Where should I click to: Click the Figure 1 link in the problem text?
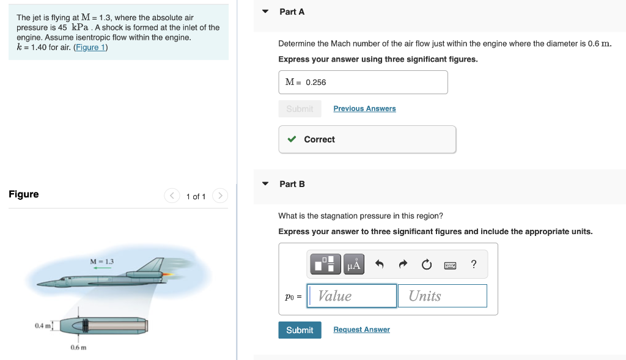click(90, 47)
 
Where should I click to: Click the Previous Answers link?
click(364, 108)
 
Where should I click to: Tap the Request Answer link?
click(361, 329)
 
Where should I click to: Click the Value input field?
click(352, 296)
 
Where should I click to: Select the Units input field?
click(443, 296)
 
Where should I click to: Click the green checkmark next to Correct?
click(292, 139)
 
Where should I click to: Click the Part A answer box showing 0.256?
click(363, 82)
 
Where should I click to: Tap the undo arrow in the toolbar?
click(379, 264)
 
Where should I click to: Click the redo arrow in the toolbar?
click(402, 264)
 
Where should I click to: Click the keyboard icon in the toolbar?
click(450, 265)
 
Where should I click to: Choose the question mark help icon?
click(474, 264)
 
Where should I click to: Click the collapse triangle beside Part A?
click(265, 12)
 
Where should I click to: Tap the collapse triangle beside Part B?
click(265, 184)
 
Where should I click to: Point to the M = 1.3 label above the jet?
click(101, 262)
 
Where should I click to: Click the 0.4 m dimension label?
click(42, 326)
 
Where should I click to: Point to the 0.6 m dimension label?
click(78, 347)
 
